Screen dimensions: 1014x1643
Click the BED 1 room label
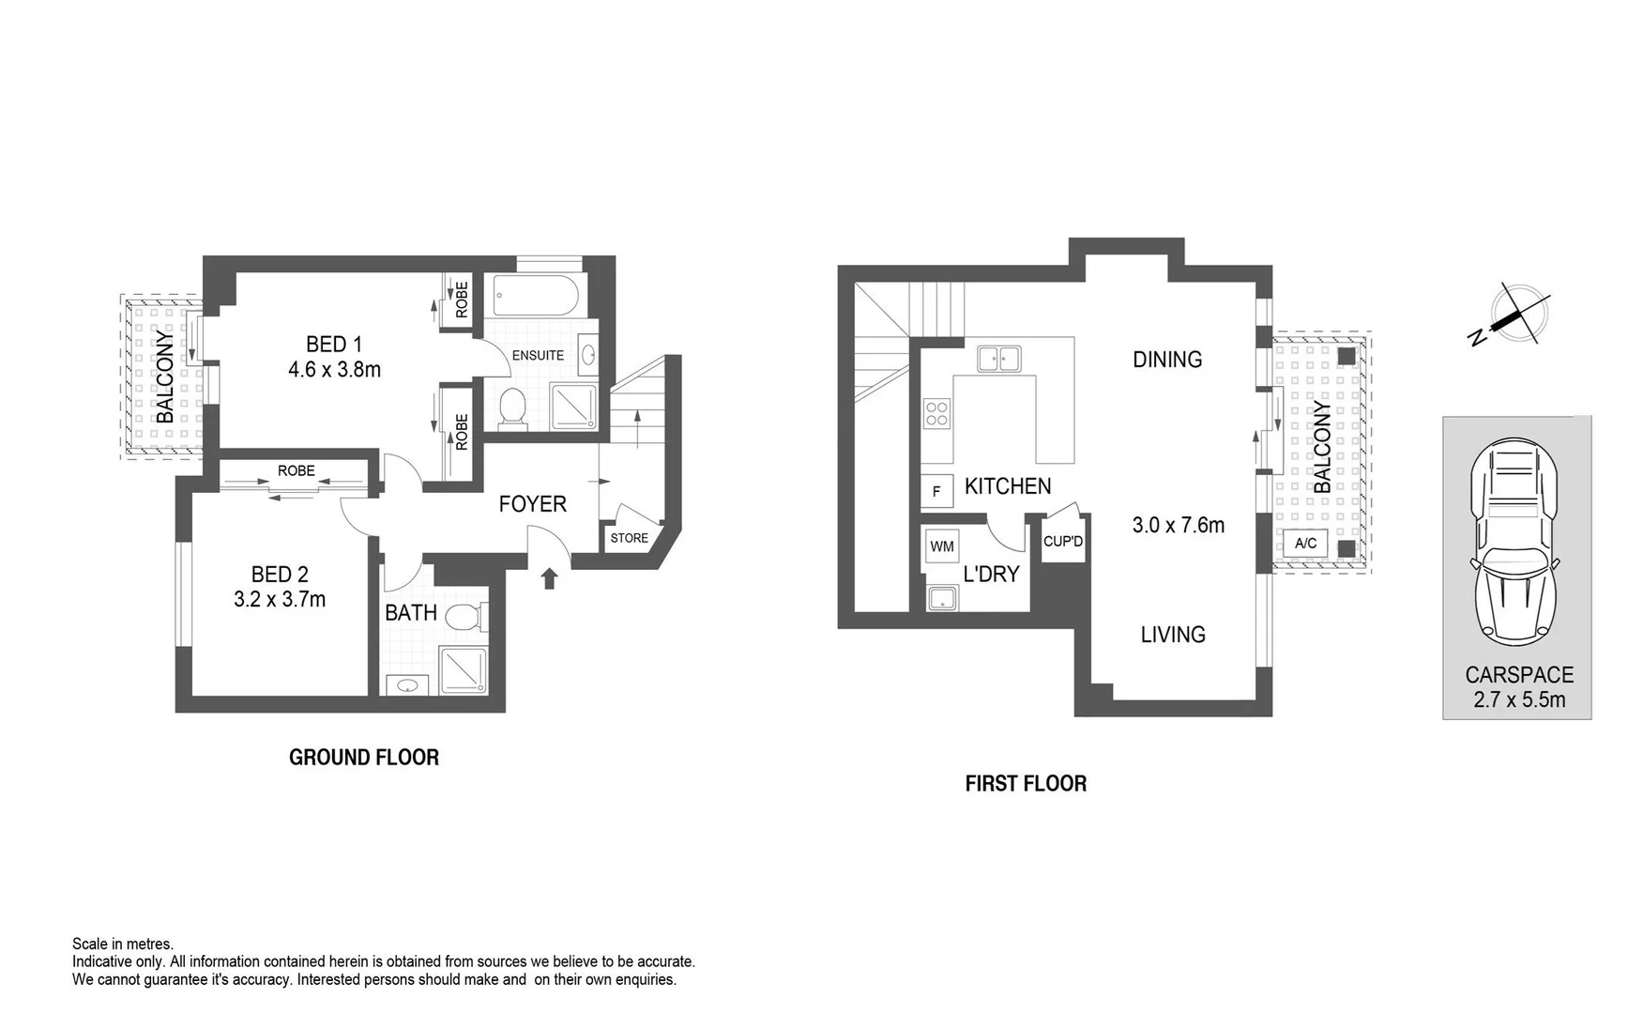point(334,344)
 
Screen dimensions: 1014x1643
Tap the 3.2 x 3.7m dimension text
point(280,599)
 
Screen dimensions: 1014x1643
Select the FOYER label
point(532,504)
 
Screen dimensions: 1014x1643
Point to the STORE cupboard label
point(629,538)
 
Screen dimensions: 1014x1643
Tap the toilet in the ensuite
point(512,408)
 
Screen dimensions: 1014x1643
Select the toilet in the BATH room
point(464,618)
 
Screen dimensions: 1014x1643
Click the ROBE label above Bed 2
point(297,471)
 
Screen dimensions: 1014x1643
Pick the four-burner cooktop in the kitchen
point(936,413)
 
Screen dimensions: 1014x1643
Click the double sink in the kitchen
point(998,359)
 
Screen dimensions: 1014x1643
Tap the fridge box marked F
point(936,491)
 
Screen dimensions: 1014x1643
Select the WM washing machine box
point(942,546)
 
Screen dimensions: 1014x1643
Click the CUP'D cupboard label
point(1063,542)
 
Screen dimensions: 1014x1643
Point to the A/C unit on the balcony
point(1305,544)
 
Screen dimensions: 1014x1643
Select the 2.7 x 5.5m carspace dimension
point(1519,699)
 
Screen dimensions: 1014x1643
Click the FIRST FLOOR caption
point(1026,784)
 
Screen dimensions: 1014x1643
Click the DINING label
point(1167,360)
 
